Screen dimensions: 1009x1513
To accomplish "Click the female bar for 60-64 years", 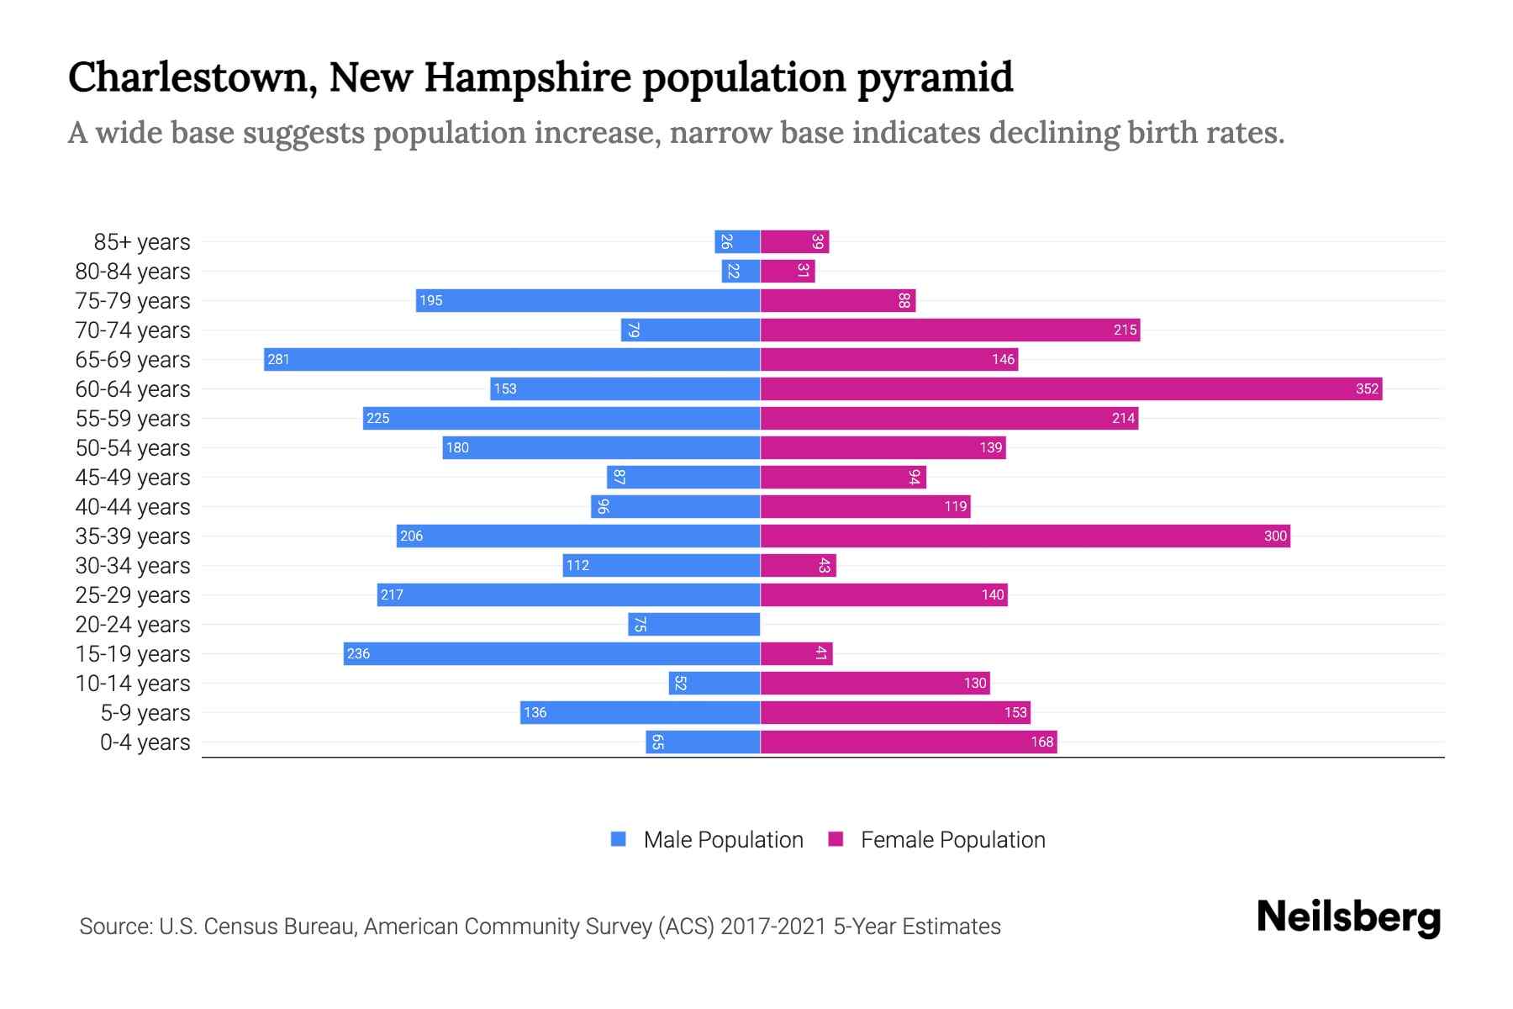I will pos(1071,388).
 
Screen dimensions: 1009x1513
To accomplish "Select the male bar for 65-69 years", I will pos(511,359).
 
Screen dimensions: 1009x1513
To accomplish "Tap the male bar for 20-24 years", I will pos(694,624).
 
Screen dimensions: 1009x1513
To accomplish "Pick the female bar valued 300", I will pos(1025,536).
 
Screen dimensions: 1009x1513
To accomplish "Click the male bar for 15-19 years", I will pos(551,653).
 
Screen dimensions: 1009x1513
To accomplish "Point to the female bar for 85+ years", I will pos(794,241).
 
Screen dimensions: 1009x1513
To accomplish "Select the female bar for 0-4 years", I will pos(908,742).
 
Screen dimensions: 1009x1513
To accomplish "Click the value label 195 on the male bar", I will pos(430,300).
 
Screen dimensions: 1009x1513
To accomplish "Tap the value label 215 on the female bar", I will pos(1125,330).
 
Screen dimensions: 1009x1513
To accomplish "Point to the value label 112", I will pos(577,565).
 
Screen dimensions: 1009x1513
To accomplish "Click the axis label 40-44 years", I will pos(133,507).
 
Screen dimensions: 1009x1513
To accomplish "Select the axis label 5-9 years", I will pos(145,713).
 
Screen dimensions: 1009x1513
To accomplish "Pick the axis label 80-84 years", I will pos(133,272).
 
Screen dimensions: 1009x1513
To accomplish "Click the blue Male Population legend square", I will pos(619,839).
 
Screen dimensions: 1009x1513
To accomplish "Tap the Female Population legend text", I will pos(952,839).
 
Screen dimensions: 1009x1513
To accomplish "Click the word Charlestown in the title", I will pos(192,77).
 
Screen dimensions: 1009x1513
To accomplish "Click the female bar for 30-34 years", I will pos(798,565).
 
